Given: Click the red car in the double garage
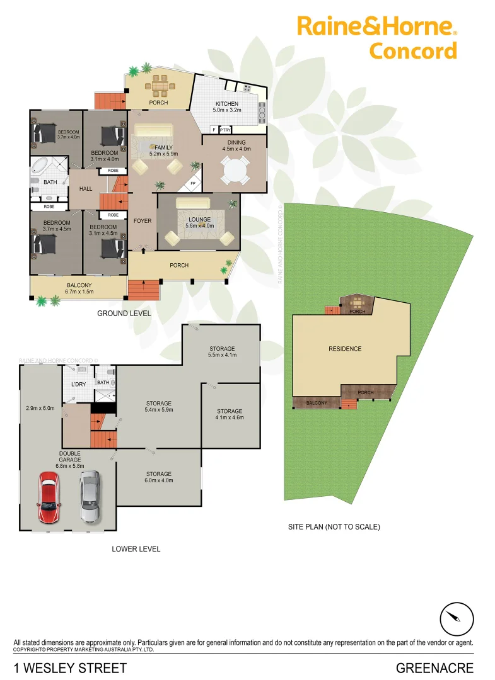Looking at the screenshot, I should (x=49, y=497).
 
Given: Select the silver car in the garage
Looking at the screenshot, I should (x=90, y=497).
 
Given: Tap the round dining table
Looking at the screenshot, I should (x=234, y=169).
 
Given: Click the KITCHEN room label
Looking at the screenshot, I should (x=226, y=104).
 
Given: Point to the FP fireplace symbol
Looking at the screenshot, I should (x=193, y=184).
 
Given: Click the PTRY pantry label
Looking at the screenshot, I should (x=225, y=130).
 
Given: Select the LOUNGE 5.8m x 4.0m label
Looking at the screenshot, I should (x=199, y=222).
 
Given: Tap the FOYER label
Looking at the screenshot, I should (x=143, y=221).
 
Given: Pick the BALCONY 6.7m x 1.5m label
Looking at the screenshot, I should (x=80, y=288).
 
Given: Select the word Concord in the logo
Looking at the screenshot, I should (x=412, y=50).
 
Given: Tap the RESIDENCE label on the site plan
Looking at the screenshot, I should (x=345, y=349).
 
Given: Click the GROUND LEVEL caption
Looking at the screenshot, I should (x=124, y=313).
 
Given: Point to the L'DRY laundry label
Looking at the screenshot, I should (x=78, y=384).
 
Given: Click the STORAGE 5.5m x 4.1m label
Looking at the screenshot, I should (x=222, y=352).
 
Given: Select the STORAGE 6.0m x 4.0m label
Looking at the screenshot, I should (x=159, y=477).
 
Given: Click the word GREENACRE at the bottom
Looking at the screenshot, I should (x=434, y=668).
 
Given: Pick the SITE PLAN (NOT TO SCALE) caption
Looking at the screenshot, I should (x=334, y=527).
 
